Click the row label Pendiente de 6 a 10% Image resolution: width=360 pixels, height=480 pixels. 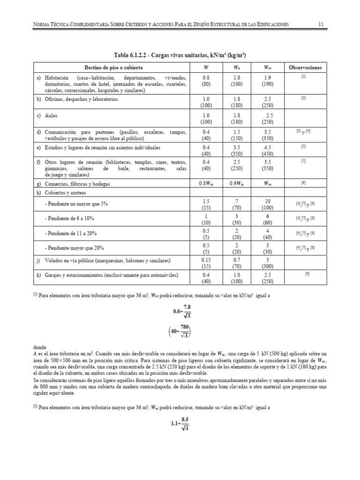[70, 219]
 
